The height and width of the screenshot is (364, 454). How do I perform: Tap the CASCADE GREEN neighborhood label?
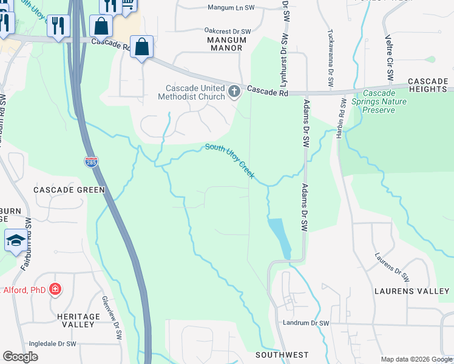[69, 190]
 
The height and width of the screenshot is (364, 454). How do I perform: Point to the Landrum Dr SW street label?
[305, 323]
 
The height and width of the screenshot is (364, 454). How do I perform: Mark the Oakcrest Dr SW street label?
[228, 31]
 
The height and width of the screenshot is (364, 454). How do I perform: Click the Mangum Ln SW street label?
[232, 8]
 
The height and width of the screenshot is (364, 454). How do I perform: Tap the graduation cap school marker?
[15, 240]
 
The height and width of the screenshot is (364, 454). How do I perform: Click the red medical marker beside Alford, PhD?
[55, 289]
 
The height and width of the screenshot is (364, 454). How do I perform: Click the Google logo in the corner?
[20, 357]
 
